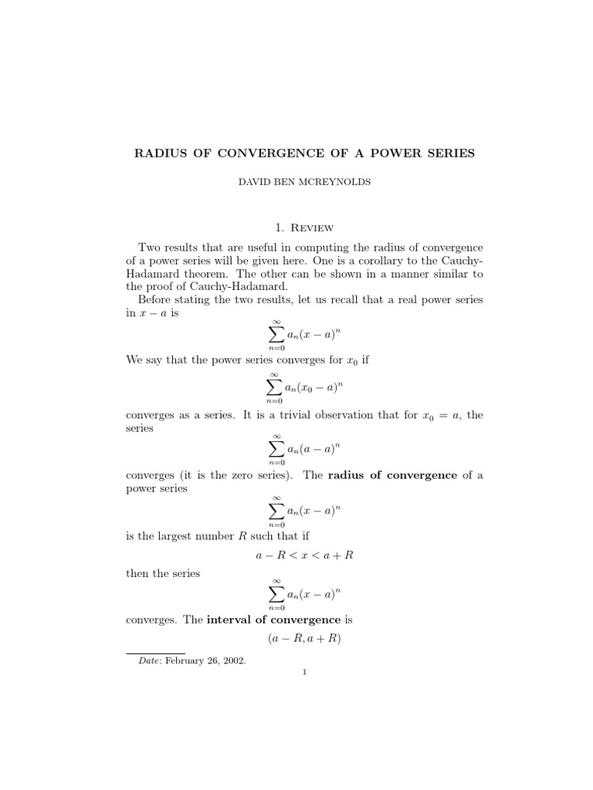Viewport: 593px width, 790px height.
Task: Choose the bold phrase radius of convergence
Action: pyautogui.click(x=392, y=475)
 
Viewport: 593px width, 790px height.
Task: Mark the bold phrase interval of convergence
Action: pyautogui.click(x=273, y=619)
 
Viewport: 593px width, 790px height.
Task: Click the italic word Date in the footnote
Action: pyautogui.click(x=139, y=662)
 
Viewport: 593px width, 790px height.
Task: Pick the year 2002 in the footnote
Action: pyautogui.click(x=232, y=662)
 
